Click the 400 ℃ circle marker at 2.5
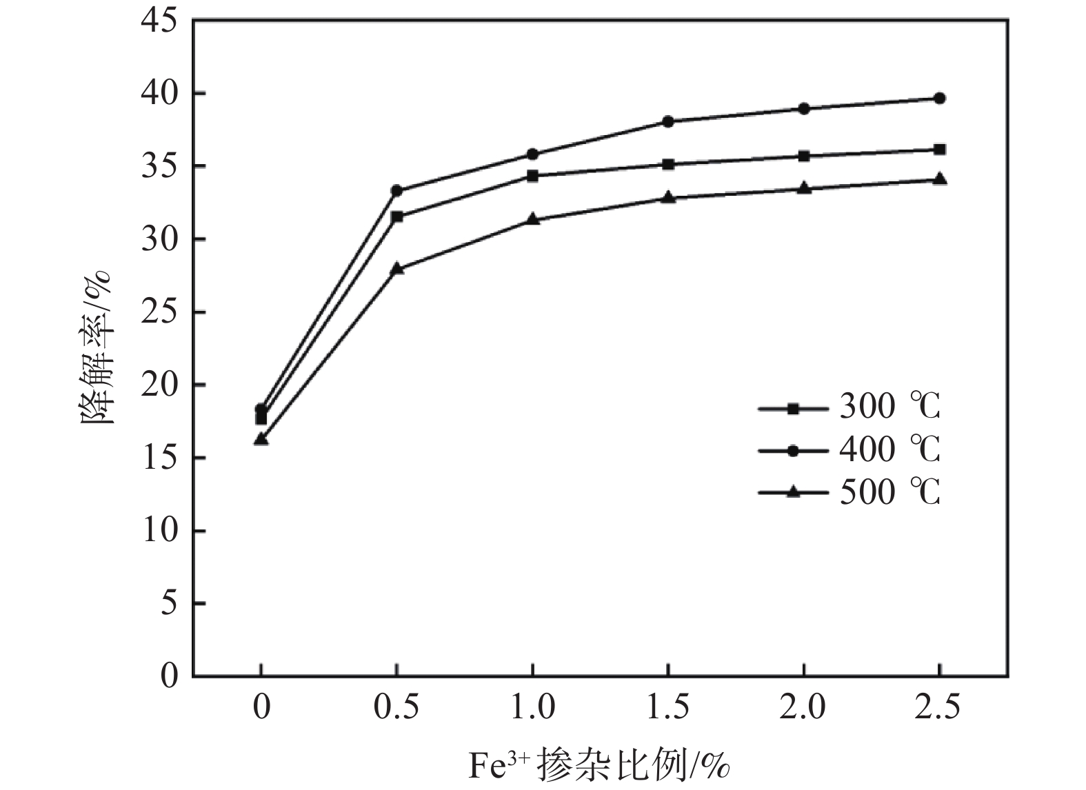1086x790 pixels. [939, 99]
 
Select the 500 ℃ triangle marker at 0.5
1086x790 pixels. [396, 268]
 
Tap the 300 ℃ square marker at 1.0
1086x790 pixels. [532, 176]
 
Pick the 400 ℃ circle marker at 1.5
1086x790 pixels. [667, 121]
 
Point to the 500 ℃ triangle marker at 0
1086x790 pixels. [261, 438]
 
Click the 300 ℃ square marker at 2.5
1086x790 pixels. [939, 150]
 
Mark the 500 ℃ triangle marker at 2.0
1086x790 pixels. [803, 188]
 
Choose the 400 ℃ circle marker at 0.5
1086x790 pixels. [396, 190]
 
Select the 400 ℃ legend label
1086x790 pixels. [889, 450]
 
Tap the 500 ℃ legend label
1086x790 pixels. [889, 492]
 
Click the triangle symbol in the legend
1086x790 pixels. [793, 492]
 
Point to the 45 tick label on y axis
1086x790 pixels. [159, 21]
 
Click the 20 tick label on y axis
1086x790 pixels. [159, 385]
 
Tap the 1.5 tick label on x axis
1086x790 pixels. [667, 709]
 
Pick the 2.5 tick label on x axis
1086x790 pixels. [939, 709]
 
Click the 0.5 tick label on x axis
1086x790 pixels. [396, 709]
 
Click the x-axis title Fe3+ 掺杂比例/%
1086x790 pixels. [599, 766]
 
